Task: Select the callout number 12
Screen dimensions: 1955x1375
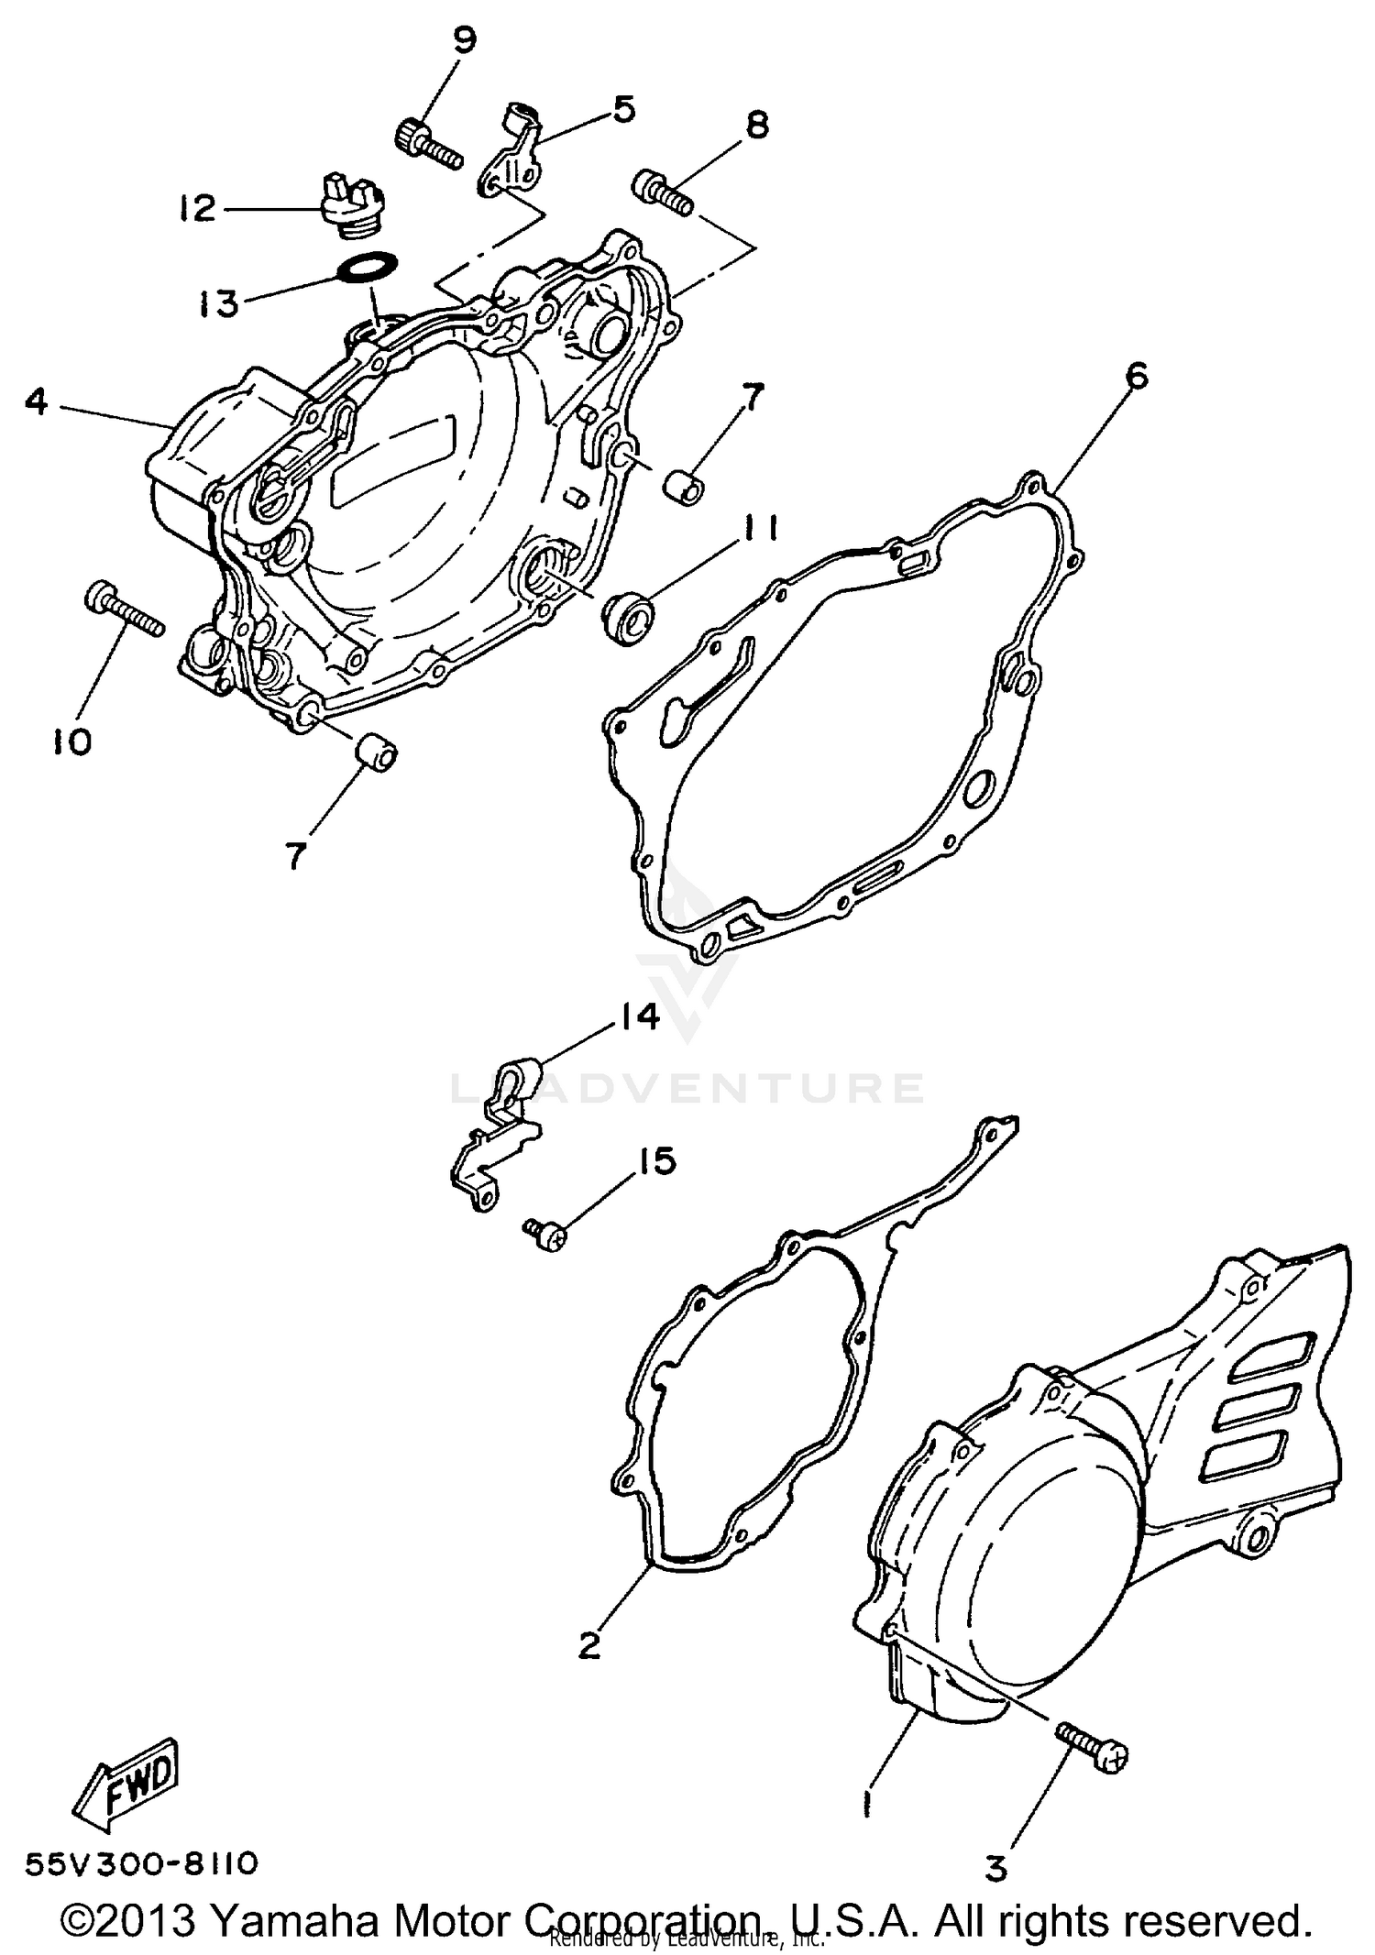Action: pyautogui.click(x=196, y=209)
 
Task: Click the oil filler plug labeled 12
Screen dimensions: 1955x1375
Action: pyautogui.click(x=353, y=206)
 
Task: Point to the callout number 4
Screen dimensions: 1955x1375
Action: pyautogui.click(x=36, y=401)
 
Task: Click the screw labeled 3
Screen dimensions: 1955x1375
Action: pyautogui.click(x=1092, y=1750)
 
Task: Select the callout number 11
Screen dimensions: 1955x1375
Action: pyautogui.click(x=759, y=529)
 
